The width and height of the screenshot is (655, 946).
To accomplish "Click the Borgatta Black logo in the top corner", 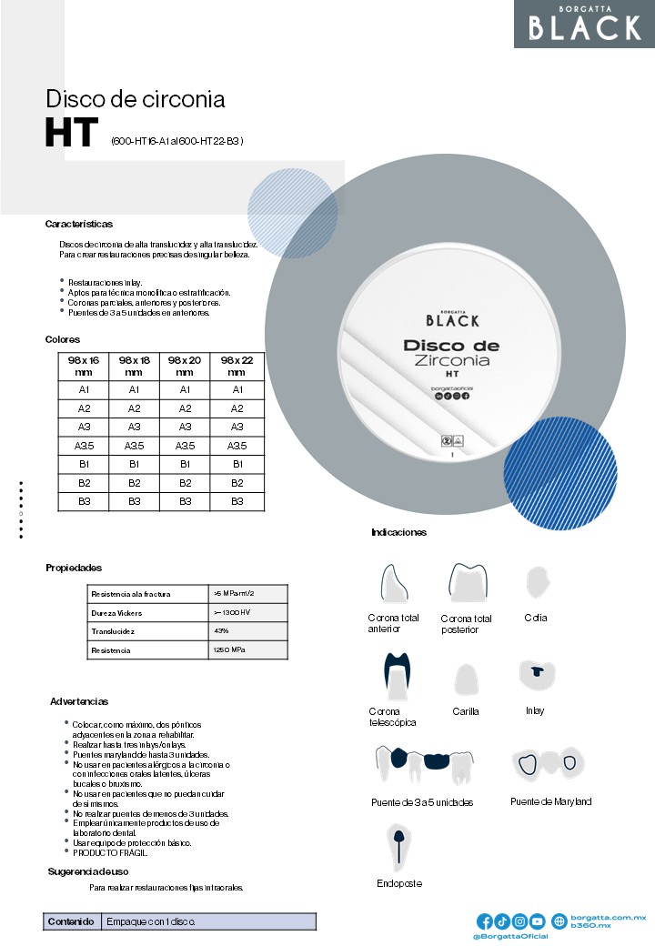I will [584, 24].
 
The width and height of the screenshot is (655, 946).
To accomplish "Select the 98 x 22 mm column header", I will [237, 366].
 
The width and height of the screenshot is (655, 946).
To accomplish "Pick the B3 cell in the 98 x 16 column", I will [85, 501].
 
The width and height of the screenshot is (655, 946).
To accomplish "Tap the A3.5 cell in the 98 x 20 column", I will [185, 446].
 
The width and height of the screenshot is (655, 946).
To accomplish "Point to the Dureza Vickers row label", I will [117, 613].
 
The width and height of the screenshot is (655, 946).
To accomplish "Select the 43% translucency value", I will [222, 631].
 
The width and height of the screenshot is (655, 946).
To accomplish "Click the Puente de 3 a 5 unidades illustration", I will [423, 765].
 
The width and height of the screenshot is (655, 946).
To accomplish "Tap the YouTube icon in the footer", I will [538, 921].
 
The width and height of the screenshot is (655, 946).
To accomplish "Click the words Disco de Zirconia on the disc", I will [451, 353].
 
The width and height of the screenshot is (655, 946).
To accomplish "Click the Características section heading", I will [79, 224].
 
